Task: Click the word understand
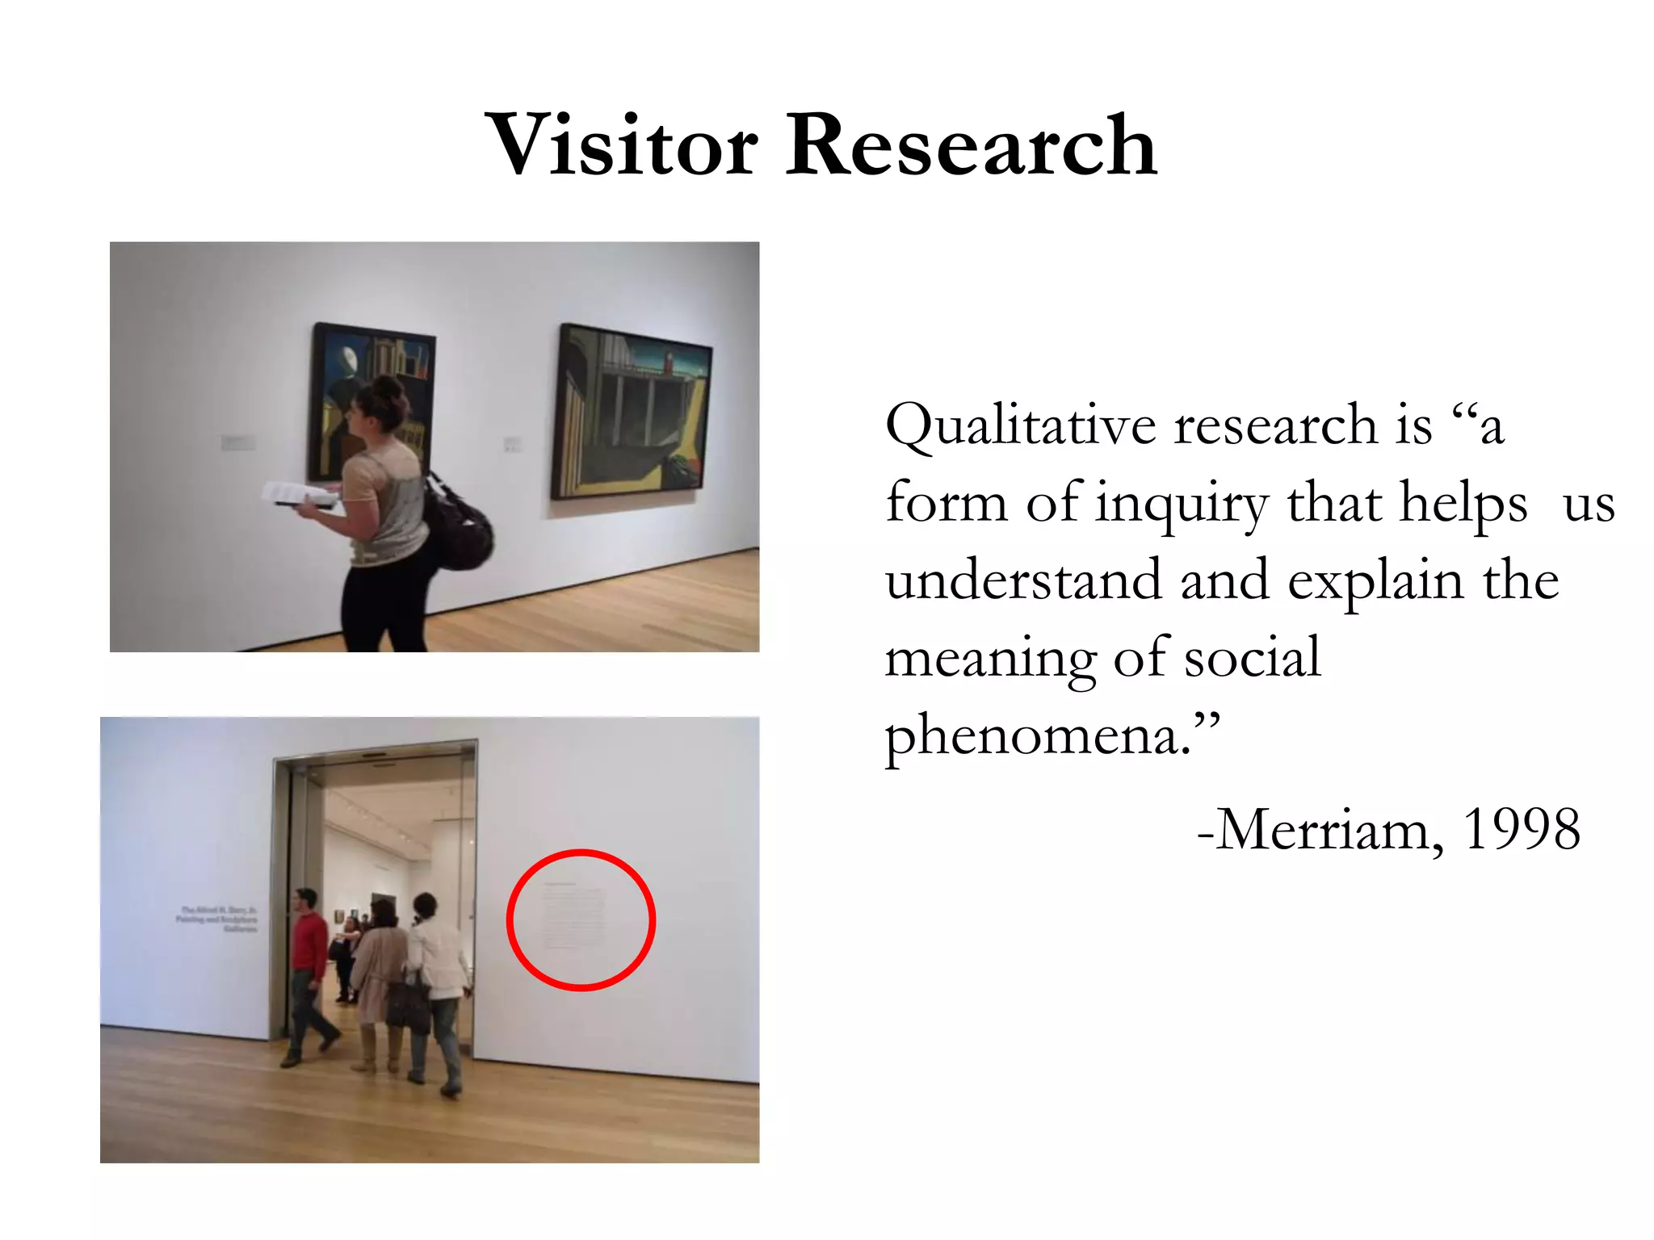coord(1023,580)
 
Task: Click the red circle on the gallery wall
coord(581,920)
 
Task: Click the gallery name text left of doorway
coord(218,920)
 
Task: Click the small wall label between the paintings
coord(512,444)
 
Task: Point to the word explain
coord(1375,580)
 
